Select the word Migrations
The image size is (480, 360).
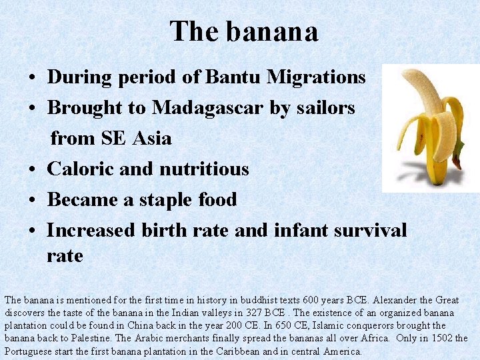pos(316,77)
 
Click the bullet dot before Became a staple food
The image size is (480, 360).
pos(32,201)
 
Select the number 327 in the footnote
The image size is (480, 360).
pos(275,313)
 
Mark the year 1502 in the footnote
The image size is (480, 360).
pos(439,338)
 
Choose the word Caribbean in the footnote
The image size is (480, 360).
pos(235,351)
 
